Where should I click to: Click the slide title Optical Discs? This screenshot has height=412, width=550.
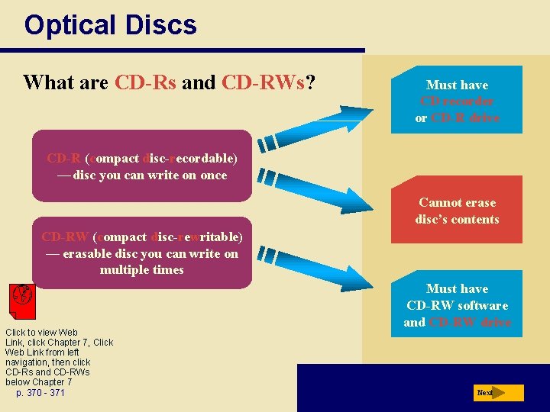pyautogui.click(x=110, y=25)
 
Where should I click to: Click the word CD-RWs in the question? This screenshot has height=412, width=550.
pyautogui.click(x=262, y=82)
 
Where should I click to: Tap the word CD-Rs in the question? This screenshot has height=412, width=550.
pyautogui.click(x=145, y=82)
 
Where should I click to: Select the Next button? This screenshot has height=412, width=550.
pyautogui.click(x=498, y=393)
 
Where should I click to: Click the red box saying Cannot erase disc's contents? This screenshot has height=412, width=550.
pyautogui.click(x=457, y=211)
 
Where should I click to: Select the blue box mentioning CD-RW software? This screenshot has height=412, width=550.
pyautogui.click(x=457, y=305)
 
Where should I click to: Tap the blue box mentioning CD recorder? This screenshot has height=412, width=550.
pyautogui.click(x=457, y=101)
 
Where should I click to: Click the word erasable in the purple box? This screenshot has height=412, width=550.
pyautogui.click(x=89, y=253)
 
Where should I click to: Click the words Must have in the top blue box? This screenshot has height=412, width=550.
pyautogui.click(x=457, y=85)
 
